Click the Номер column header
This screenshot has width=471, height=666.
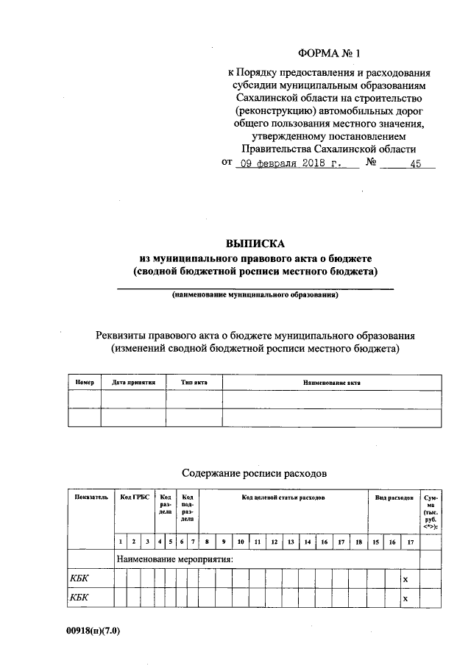tap(84, 382)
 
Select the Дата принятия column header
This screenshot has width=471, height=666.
tap(132, 382)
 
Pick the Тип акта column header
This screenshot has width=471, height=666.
tap(194, 382)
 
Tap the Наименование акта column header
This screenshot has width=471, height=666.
tap(331, 382)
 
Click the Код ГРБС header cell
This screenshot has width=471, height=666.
tap(135, 498)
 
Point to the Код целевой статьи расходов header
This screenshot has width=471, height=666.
tap(283, 498)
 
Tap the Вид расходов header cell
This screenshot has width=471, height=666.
tap(393, 498)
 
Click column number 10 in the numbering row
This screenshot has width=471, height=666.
tap(241, 542)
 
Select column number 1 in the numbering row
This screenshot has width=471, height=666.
tap(121, 542)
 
